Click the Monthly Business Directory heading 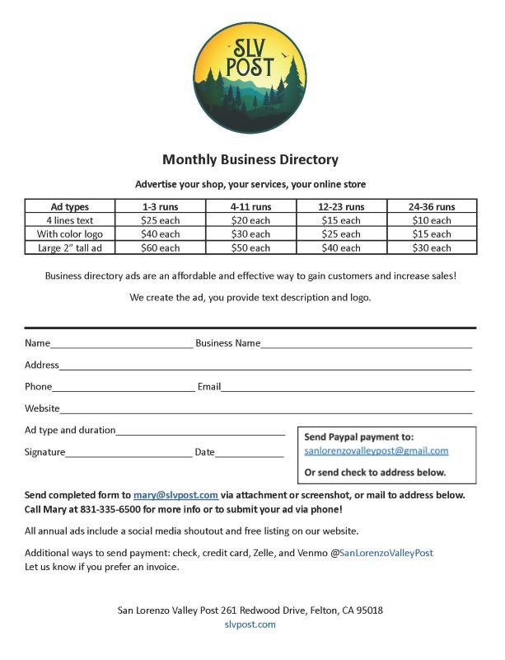250,159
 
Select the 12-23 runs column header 341,206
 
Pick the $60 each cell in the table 160,247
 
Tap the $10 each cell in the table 431,220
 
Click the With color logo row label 70,234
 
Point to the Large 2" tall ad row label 70,247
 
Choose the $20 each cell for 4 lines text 250,220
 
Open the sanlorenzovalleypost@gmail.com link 376,451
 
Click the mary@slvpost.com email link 175,495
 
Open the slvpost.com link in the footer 250,625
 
